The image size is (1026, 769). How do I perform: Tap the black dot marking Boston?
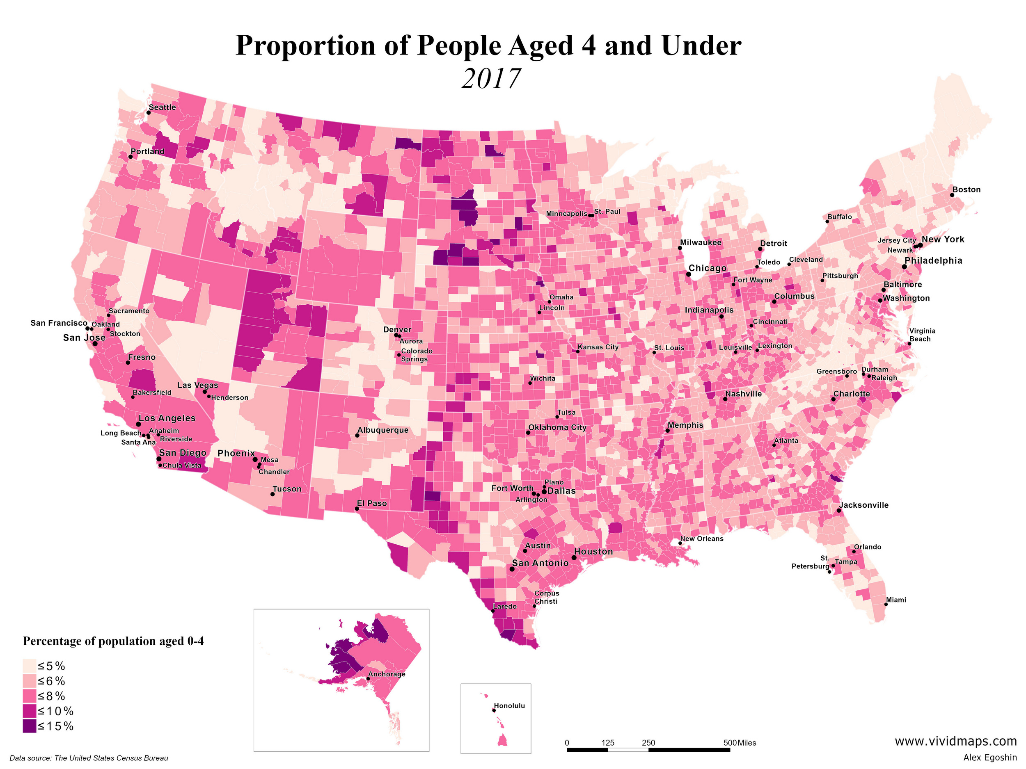952,195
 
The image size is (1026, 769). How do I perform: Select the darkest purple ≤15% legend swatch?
29,726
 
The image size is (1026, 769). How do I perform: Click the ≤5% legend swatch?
29,666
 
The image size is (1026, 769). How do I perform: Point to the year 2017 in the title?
491,79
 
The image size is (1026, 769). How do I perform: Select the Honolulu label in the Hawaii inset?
509,705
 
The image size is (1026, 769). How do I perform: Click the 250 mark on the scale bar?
648,743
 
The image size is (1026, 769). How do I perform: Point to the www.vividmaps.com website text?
955,741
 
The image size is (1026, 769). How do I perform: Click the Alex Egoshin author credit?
990,758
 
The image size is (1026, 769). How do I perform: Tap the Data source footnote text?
89,758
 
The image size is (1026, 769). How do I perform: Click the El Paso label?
371,503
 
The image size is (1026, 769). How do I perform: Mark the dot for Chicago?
689,274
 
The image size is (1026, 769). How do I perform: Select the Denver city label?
397,330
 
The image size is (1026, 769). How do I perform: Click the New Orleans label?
701,539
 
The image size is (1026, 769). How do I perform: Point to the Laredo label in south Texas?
504,606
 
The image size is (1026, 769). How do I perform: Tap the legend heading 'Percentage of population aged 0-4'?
113,641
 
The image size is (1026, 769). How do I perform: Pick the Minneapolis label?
566,214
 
